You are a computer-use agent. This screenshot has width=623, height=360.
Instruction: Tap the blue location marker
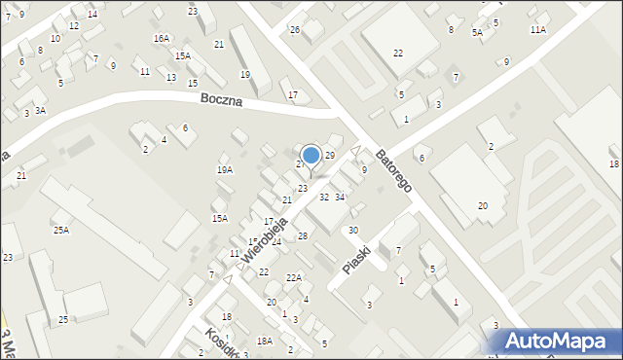pyautogui.click(x=311, y=155)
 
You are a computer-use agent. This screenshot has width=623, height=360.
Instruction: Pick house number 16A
pyautogui.click(x=161, y=38)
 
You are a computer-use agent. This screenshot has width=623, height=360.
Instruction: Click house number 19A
pyautogui.click(x=225, y=169)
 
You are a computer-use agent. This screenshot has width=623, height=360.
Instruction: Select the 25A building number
pyautogui.click(x=61, y=230)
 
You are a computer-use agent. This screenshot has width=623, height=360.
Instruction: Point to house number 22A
pyautogui.click(x=293, y=277)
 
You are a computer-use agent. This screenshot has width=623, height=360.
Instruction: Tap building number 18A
pyautogui.click(x=264, y=341)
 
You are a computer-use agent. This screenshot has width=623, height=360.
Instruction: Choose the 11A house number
pyautogui.click(x=538, y=30)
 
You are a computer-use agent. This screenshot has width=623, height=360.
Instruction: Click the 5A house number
pyautogui.click(x=477, y=33)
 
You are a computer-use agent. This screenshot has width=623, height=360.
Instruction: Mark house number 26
pyautogui.click(x=295, y=30)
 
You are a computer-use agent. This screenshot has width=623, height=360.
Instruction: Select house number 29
pyautogui.click(x=330, y=156)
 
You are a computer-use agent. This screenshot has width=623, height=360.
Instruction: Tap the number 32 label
pyautogui.click(x=324, y=197)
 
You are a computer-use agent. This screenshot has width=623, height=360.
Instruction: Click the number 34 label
pyautogui.click(x=340, y=197)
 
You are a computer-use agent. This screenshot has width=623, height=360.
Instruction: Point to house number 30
pyautogui.click(x=353, y=230)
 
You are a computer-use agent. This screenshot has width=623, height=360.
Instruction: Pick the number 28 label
pyautogui.click(x=303, y=236)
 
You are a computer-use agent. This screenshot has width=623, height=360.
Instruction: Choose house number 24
pyautogui.click(x=276, y=241)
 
